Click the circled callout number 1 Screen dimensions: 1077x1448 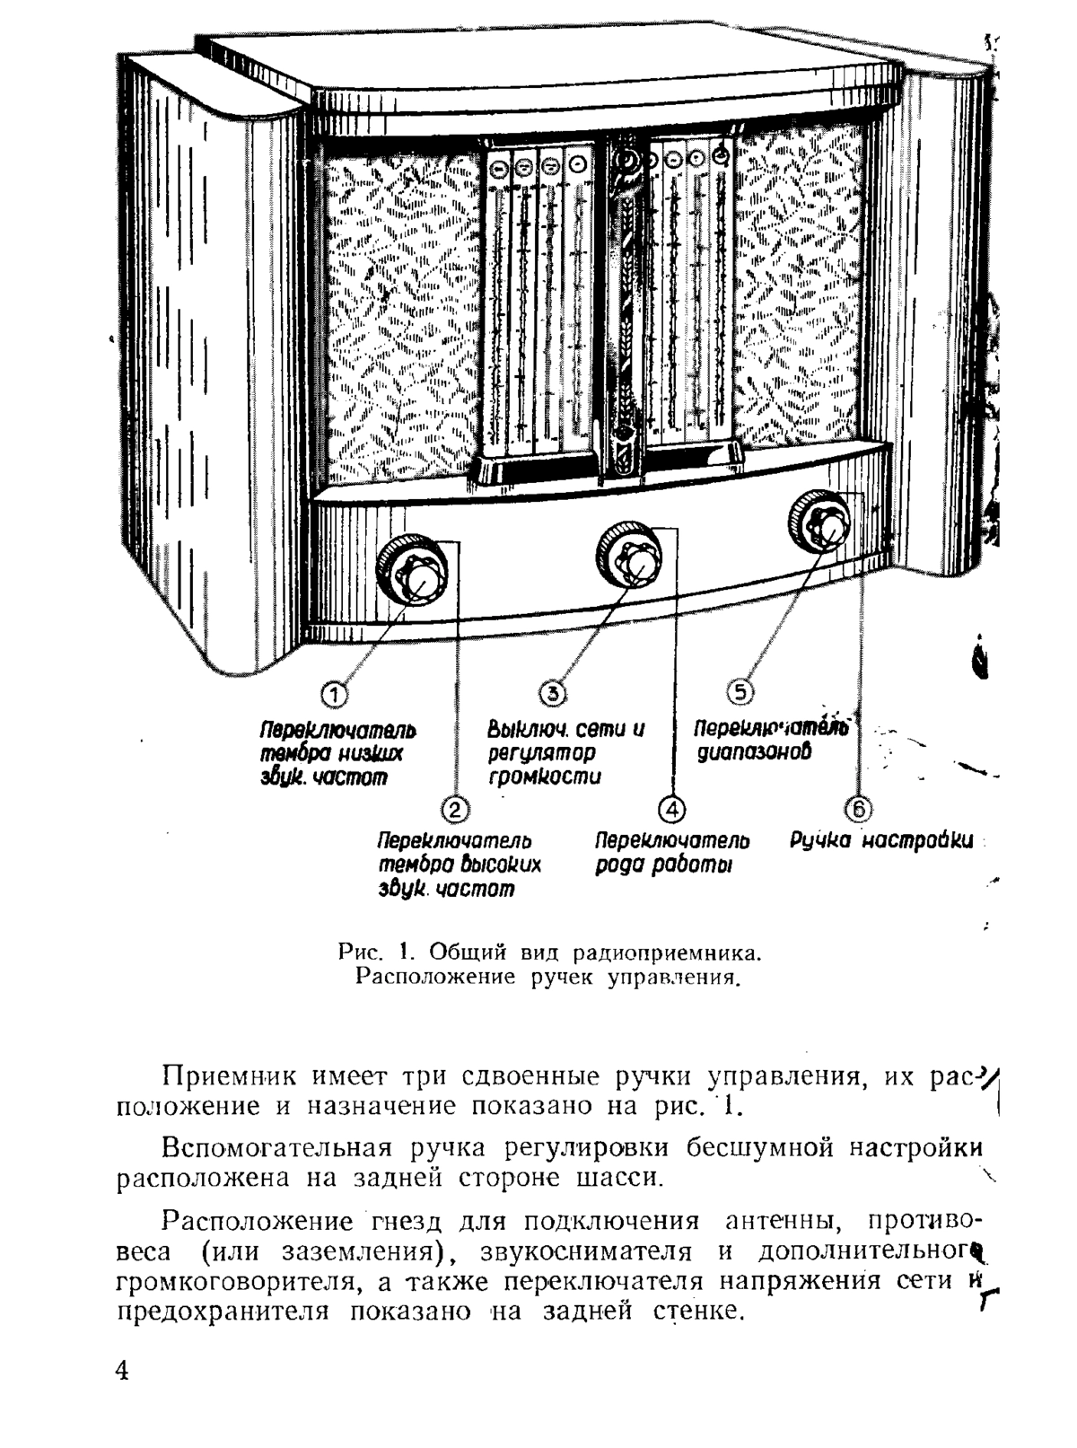[334, 695]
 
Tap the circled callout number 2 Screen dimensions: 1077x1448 [455, 810]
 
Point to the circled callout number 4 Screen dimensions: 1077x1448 [672, 810]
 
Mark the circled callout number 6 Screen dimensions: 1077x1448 [858, 810]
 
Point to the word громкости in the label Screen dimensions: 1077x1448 [545, 777]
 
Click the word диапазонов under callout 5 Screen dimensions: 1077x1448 [754, 752]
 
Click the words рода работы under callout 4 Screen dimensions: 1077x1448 [663, 865]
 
